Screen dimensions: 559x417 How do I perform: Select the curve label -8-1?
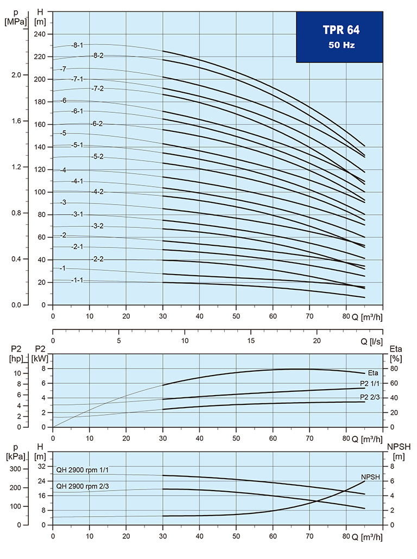78,45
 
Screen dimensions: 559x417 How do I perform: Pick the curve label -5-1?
78,145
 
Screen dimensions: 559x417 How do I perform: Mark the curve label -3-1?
77,214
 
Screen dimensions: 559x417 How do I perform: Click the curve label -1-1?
77,281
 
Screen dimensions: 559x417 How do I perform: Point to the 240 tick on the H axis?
40,34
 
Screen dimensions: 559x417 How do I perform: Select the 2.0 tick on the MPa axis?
16,75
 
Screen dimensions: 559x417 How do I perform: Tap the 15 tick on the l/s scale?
251,341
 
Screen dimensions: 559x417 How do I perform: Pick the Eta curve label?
373,373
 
